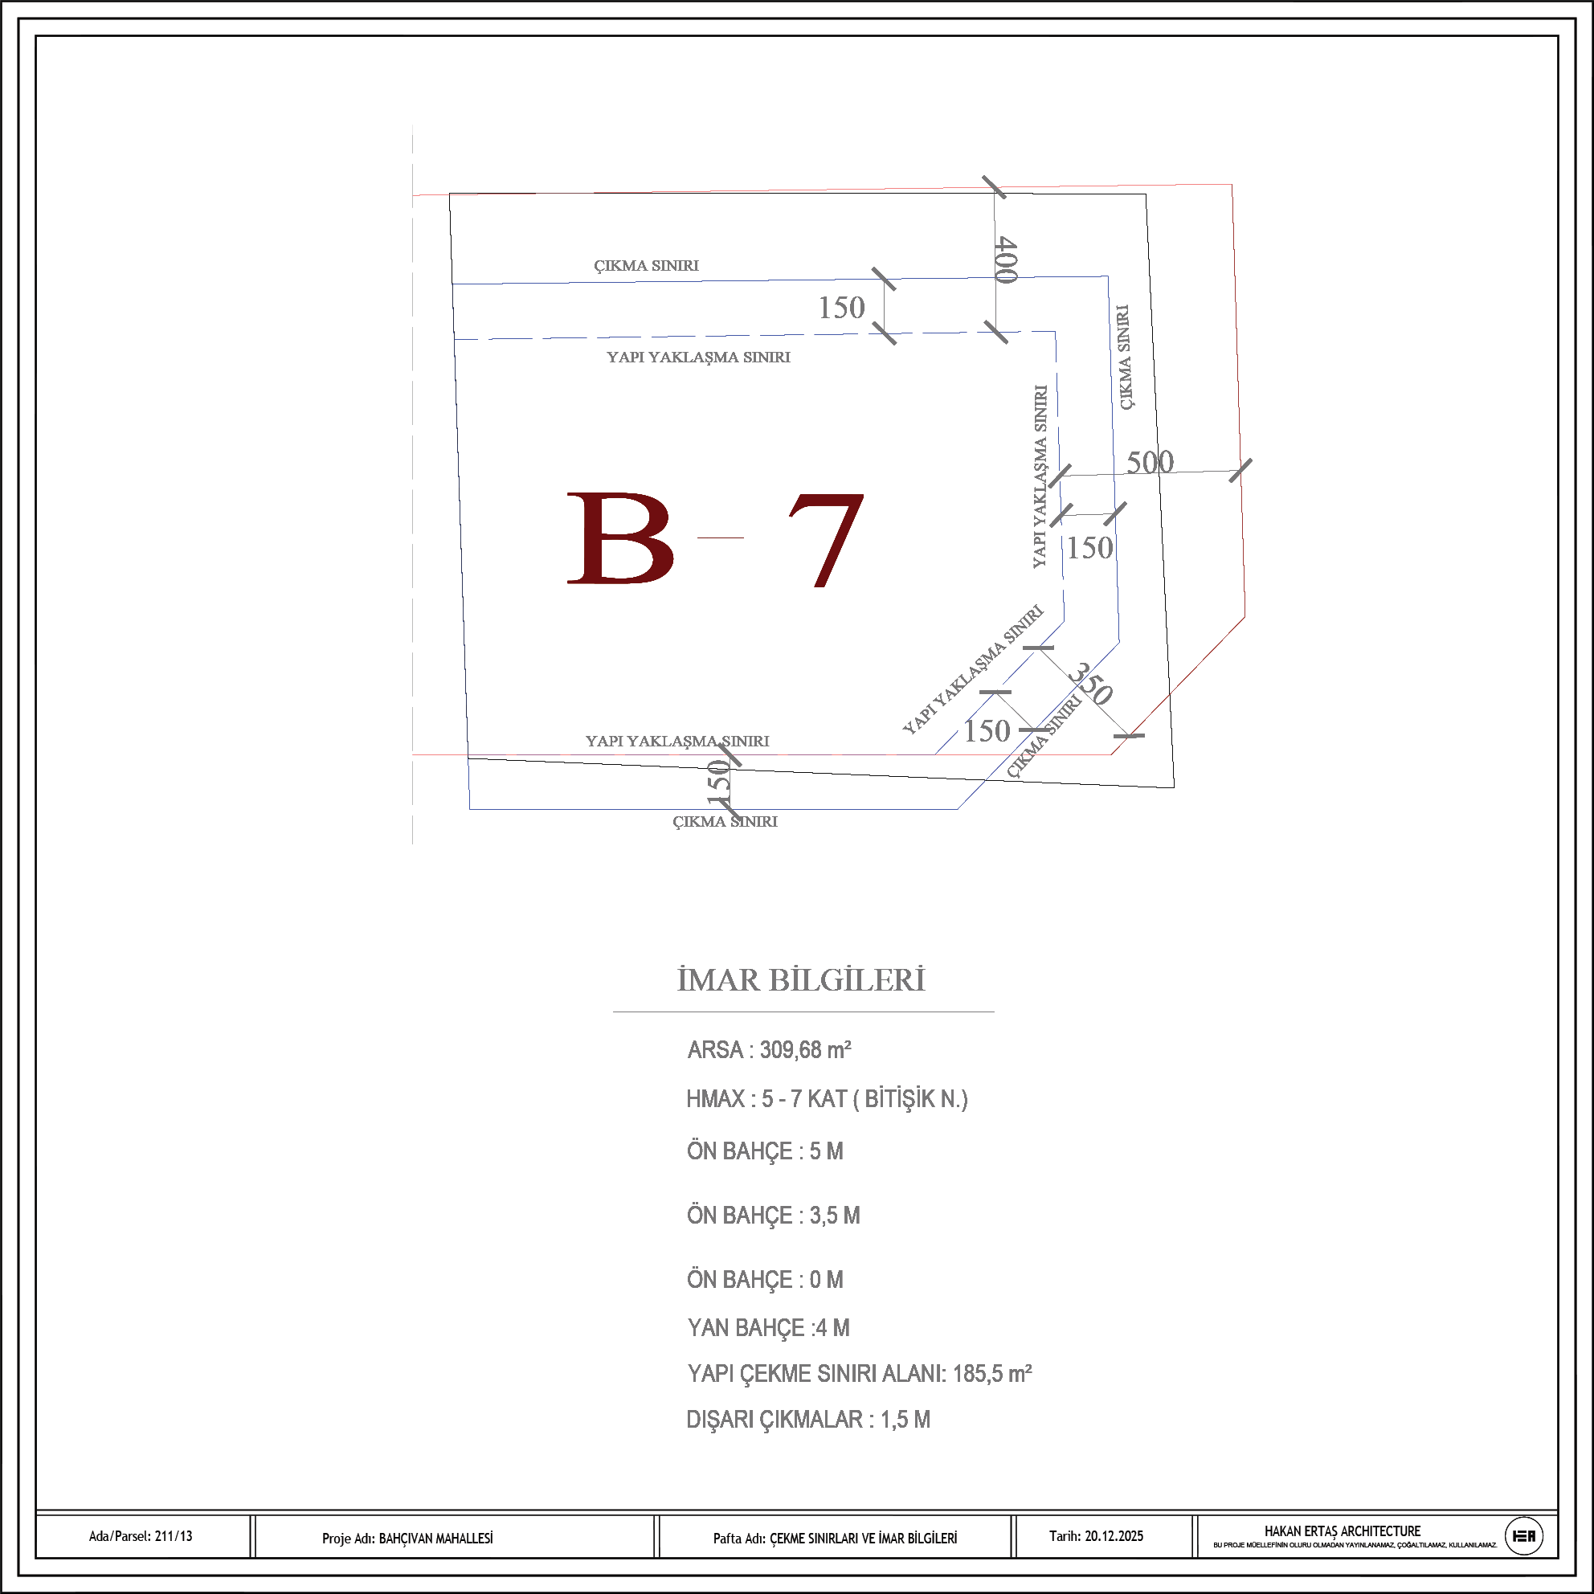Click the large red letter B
pos(620,538)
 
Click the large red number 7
pos(827,541)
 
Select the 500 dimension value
pos(1151,462)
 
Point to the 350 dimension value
pos(1091,683)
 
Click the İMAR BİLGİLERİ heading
pos(801,980)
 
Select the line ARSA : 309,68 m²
pos(769,1050)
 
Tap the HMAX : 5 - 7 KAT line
pos(827,1099)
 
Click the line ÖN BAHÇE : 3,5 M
pos(773,1216)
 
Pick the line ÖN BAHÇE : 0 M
pos(765,1280)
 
